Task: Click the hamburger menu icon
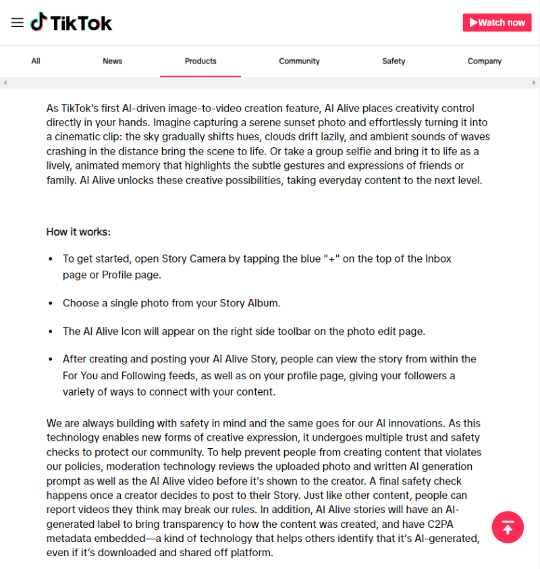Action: coord(17,22)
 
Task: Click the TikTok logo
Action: coord(72,22)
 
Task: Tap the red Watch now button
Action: coord(497,22)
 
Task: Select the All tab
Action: coord(36,61)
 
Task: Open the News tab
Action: coord(112,61)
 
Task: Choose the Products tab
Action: coord(200,61)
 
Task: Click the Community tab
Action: coord(299,61)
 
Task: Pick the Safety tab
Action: coord(394,61)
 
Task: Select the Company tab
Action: coord(485,61)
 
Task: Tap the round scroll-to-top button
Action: coord(508,527)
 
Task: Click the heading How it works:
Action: coord(78,232)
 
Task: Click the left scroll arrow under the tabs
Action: coord(5,82)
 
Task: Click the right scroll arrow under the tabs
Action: coord(534,82)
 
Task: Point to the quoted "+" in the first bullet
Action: coord(331,259)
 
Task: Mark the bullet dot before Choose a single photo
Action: coord(51,304)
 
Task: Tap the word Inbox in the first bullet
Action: coord(438,259)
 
